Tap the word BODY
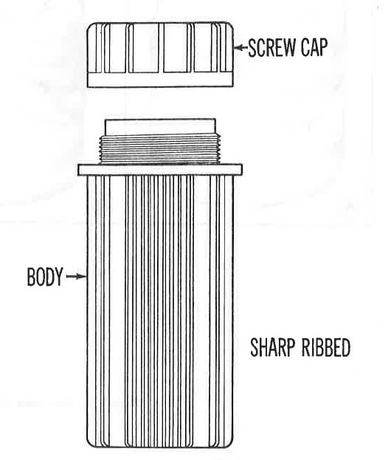click(x=45, y=277)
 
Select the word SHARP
click(x=272, y=347)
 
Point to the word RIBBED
click(x=325, y=347)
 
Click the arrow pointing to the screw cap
click(x=241, y=47)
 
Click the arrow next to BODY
click(x=76, y=276)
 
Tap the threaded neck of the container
click(x=160, y=148)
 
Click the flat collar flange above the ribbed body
click(x=160, y=170)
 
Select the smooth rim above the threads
click(x=160, y=127)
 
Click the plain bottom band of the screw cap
click(x=160, y=80)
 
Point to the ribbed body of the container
click(x=160, y=312)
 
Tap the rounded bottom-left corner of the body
click(x=89, y=444)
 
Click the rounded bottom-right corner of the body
click(x=231, y=444)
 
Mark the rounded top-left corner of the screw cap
click(x=91, y=26)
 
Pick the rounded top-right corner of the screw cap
click(x=230, y=26)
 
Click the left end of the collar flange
click(x=78, y=170)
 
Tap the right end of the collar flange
click(x=242, y=170)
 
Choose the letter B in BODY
click(x=31, y=277)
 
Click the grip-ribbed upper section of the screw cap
click(x=160, y=47)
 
